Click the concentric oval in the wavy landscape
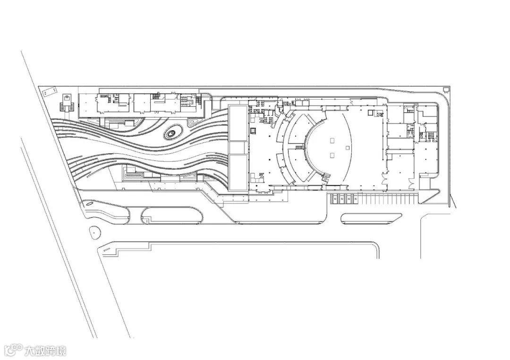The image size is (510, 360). pos(172,134)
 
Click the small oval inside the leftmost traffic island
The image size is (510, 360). pos(88,204)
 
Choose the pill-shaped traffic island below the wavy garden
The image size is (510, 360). pos(172,215)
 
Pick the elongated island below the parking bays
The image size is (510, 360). pos(371,218)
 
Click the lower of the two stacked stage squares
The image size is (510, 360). pos(332,155)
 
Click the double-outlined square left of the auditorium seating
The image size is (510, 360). pos(253,130)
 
